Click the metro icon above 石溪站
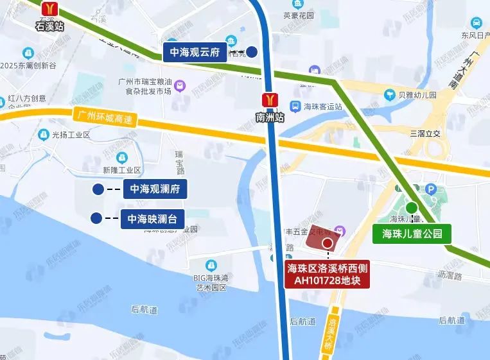(x=50, y=9)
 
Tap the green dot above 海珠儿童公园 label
(x=410, y=208)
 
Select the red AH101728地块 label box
(x=328, y=274)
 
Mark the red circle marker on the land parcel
(x=328, y=243)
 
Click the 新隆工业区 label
(x=121, y=170)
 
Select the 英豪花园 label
(x=299, y=15)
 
